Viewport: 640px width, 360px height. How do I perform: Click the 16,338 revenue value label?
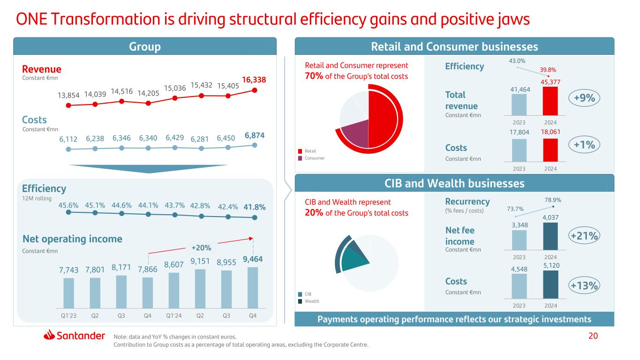(x=255, y=80)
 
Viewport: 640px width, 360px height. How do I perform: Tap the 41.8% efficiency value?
(x=255, y=207)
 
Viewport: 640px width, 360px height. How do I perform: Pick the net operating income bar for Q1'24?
(x=174, y=290)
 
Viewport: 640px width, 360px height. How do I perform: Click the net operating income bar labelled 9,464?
(x=253, y=287)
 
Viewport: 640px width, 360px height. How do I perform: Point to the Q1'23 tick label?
(x=68, y=315)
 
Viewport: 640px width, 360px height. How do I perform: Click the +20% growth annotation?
(x=202, y=247)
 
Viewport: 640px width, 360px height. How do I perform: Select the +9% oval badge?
(x=584, y=98)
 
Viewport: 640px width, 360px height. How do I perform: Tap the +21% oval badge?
(x=584, y=236)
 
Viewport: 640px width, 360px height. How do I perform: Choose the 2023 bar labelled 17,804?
(x=519, y=150)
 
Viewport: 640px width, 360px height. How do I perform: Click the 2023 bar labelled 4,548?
(x=519, y=285)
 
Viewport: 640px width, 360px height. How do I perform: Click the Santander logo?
(x=75, y=336)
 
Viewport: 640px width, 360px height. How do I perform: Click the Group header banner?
(x=145, y=46)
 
